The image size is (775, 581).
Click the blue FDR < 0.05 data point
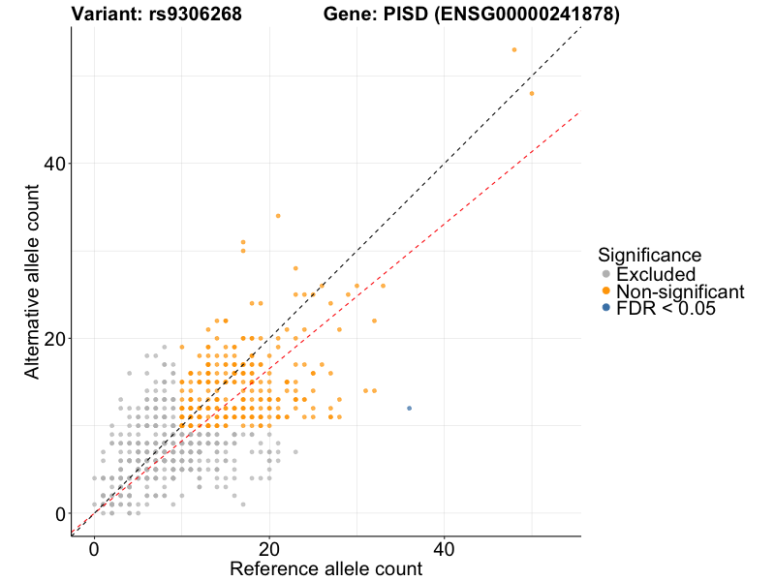(x=409, y=409)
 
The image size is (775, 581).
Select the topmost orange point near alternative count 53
(x=514, y=49)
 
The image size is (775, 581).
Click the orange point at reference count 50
(x=532, y=93)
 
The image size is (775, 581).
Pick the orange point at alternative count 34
(x=278, y=216)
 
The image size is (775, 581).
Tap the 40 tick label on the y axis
(x=52, y=164)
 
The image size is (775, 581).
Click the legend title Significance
(x=649, y=256)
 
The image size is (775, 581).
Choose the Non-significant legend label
(x=680, y=291)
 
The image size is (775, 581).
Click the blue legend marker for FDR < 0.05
(x=606, y=308)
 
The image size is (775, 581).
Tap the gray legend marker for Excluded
(x=606, y=275)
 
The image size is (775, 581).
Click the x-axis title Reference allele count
(x=325, y=568)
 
